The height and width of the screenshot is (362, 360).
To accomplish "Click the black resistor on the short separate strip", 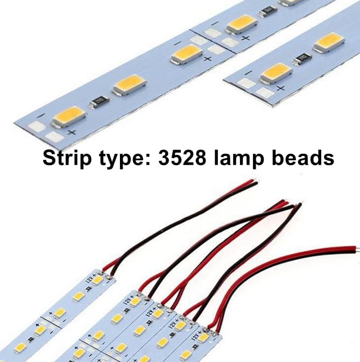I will coord(303,58).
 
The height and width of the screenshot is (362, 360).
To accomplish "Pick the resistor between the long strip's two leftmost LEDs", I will coord(100,101).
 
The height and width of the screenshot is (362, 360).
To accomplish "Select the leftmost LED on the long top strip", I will coord(68,115).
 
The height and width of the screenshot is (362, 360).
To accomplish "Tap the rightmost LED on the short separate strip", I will coord(329,41).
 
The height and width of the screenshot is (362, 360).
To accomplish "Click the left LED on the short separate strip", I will coord(276,72).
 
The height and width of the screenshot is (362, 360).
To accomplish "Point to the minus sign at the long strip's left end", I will coord(40,116).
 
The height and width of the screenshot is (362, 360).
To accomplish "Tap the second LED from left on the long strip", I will coord(129,84).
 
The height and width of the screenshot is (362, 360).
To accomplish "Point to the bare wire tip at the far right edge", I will coord(356,249).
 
